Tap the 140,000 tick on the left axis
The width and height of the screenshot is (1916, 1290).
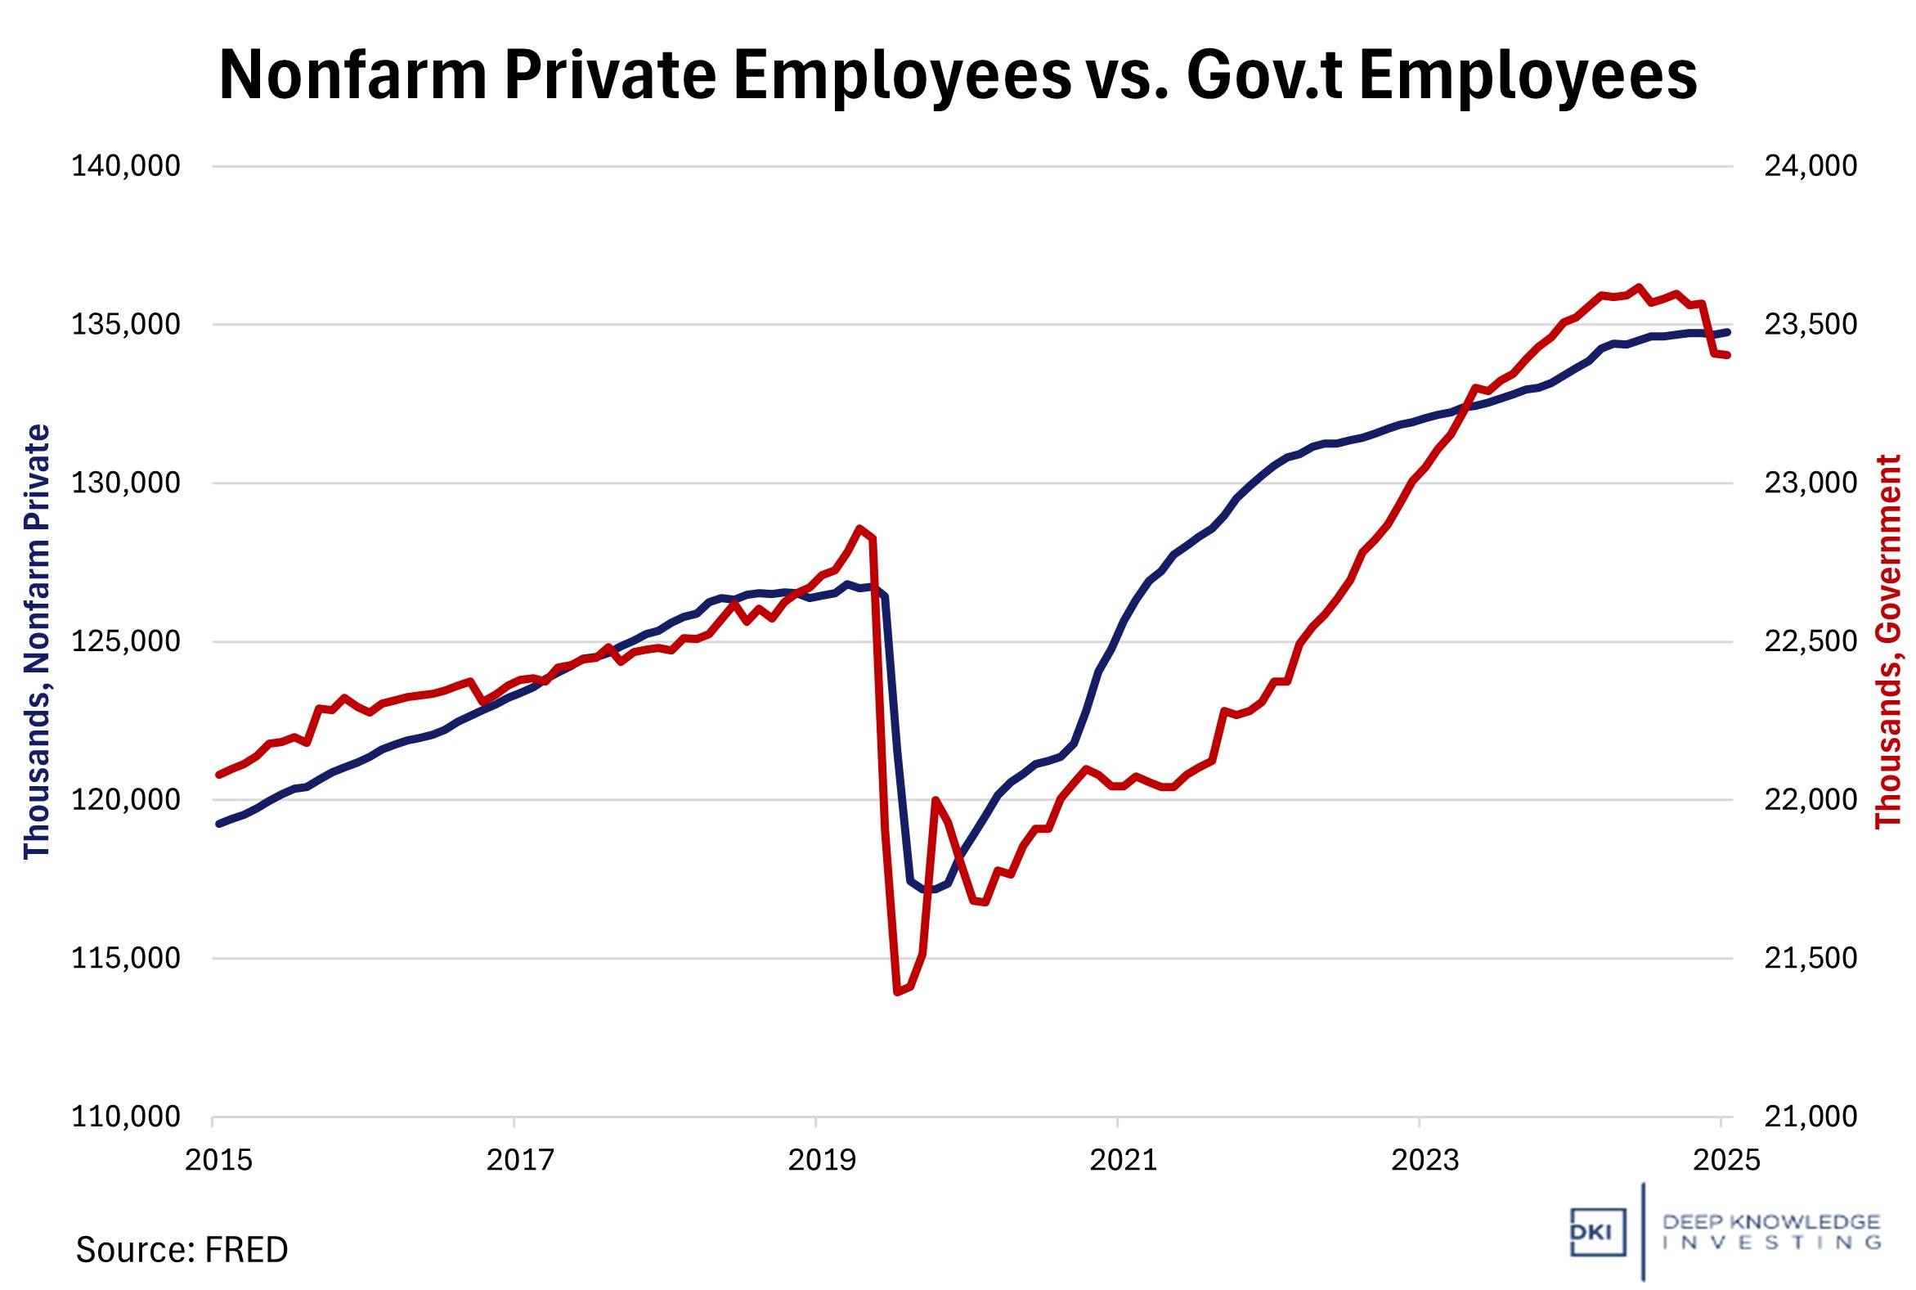(126, 166)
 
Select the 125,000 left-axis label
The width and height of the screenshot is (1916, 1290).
(126, 641)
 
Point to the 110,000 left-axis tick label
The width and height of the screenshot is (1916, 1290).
(126, 1117)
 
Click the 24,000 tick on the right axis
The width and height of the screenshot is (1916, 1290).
(1811, 166)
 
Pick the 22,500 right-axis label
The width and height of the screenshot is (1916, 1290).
(1811, 641)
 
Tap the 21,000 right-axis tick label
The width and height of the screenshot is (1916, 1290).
(1811, 1117)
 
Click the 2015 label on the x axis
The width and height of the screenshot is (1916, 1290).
(218, 1160)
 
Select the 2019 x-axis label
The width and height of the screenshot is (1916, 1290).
(822, 1160)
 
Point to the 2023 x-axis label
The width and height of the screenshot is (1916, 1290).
(1425, 1160)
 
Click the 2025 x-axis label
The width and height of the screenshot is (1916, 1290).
(1726, 1160)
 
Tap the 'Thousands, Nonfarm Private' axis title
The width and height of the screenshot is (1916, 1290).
(37, 641)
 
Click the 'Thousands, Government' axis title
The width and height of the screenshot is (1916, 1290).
(1889, 641)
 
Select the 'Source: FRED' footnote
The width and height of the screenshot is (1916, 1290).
(182, 1250)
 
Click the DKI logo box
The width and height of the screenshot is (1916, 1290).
(1597, 1233)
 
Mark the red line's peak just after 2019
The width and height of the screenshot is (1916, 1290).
(859, 528)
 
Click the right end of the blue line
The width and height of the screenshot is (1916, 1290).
(1728, 332)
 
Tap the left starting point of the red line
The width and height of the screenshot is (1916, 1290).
(218, 774)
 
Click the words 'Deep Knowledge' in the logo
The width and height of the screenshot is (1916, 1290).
(1770, 1222)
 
